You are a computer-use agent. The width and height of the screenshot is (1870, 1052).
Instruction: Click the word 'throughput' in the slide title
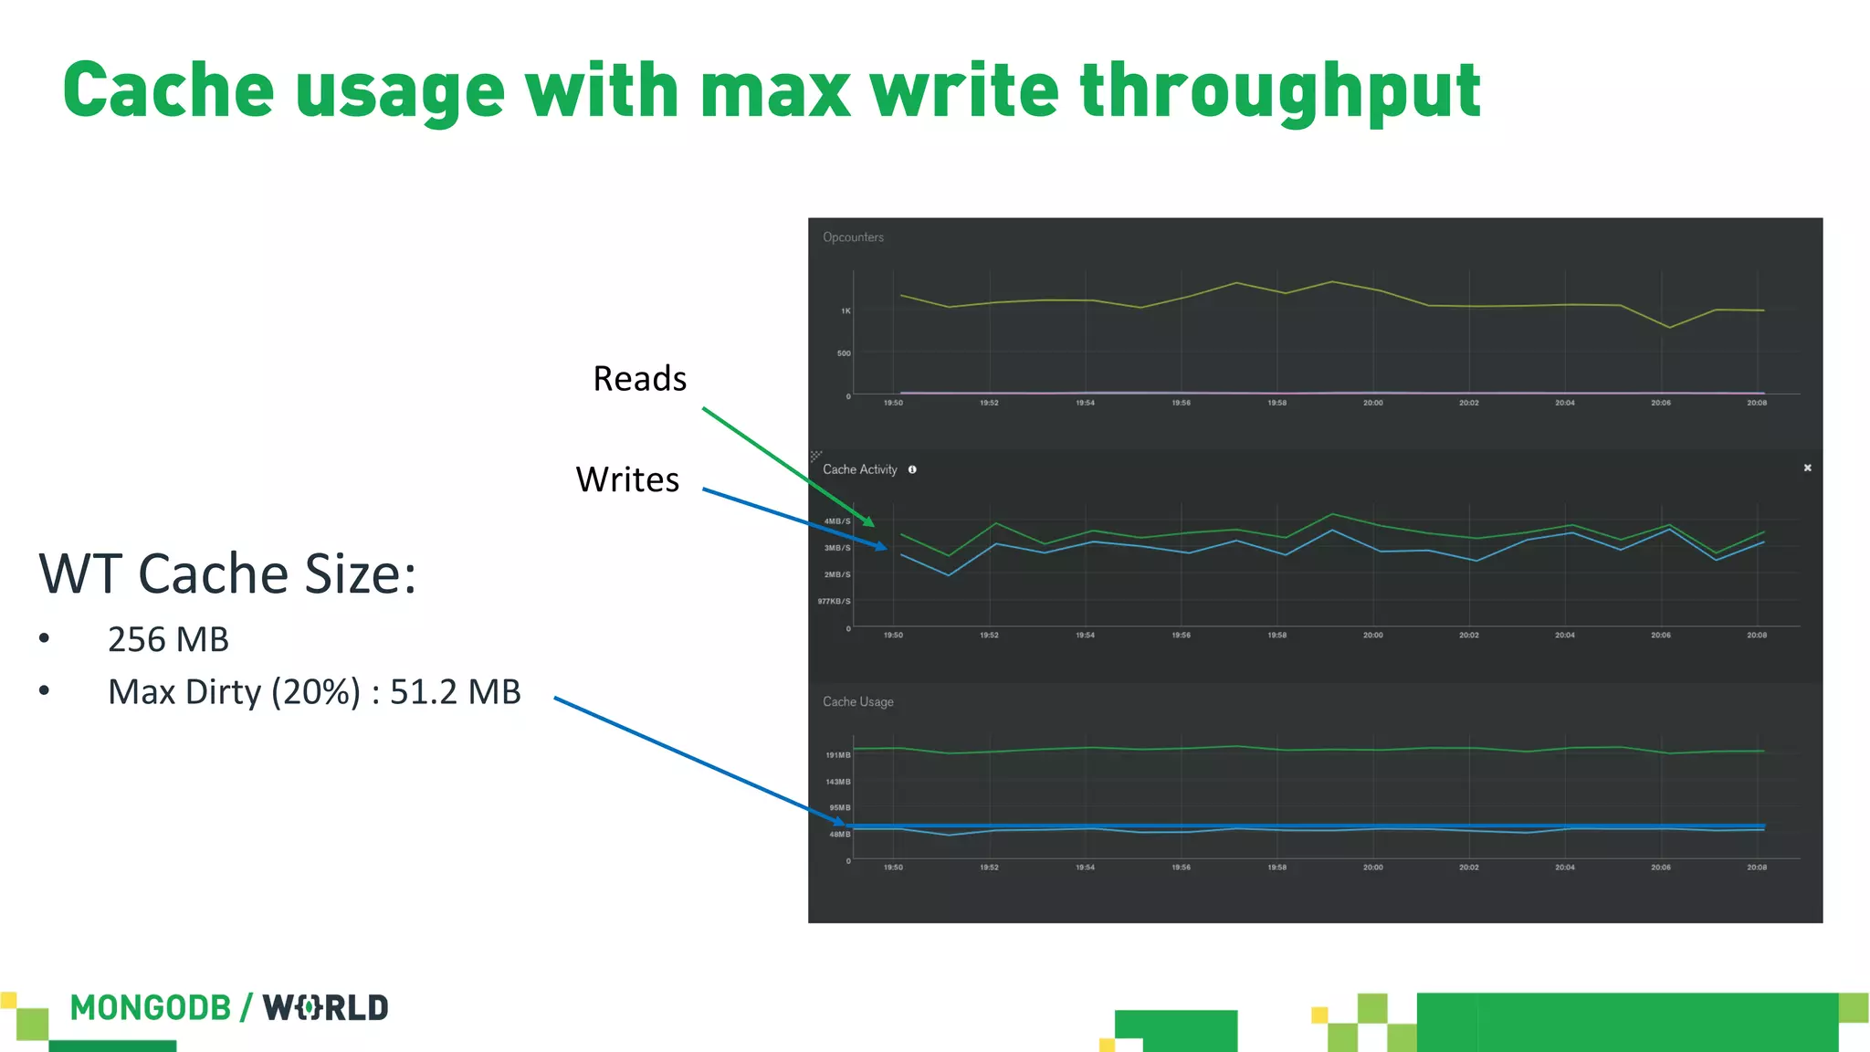coord(1279,92)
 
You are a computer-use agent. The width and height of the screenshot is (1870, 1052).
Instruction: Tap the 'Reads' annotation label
coord(639,379)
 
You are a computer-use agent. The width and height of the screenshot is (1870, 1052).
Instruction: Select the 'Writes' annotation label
coord(627,480)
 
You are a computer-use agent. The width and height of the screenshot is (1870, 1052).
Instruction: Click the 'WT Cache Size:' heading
coord(227,574)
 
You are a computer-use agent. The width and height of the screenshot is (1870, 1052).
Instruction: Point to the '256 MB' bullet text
coord(168,640)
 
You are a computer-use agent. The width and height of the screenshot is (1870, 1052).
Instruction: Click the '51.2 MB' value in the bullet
coord(455,693)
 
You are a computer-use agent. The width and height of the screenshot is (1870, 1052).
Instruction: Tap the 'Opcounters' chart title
coord(853,237)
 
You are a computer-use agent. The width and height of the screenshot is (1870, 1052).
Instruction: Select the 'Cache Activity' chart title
coord(859,469)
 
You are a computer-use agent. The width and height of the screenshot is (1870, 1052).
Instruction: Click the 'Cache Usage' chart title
coord(857,702)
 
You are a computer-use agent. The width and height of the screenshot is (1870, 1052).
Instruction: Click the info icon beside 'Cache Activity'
coord(912,469)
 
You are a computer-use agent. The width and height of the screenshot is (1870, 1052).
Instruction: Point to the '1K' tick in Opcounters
coord(846,311)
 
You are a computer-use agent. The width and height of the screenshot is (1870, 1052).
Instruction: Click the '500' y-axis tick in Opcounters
coord(844,353)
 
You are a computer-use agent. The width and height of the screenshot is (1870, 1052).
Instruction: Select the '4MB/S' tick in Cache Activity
coord(837,521)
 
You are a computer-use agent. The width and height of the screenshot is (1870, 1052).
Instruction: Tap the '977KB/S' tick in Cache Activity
coord(834,602)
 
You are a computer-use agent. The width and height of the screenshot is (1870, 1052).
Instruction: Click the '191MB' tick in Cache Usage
coord(837,755)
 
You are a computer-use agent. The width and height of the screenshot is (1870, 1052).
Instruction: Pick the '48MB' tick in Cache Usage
coord(839,835)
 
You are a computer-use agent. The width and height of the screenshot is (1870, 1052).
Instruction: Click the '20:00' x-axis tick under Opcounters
coord(1372,403)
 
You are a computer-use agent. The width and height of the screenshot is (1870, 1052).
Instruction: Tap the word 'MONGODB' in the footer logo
coord(150,1008)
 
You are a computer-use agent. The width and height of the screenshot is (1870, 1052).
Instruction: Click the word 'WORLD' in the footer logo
coord(326,1008)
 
